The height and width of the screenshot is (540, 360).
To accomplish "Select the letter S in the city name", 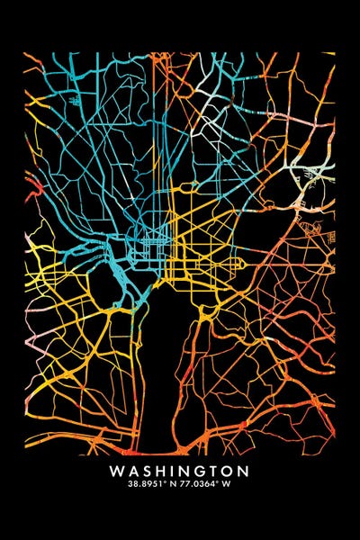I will click(x=145, y=470).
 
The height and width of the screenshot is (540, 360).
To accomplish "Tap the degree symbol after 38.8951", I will click(x=163, y=480).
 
